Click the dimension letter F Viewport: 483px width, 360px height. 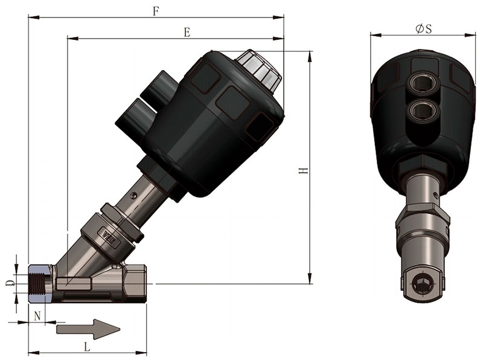pos(156,11)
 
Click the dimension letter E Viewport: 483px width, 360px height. pos(187,32)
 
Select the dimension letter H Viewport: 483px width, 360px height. pos(304,170)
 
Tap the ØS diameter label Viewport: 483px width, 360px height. pos(424,28)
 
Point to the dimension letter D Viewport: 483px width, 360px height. pos(10,283)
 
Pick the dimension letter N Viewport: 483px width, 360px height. pos(37,316)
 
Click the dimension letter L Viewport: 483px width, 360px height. pos(88,347)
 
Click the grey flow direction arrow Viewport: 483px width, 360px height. pos(88,329)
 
